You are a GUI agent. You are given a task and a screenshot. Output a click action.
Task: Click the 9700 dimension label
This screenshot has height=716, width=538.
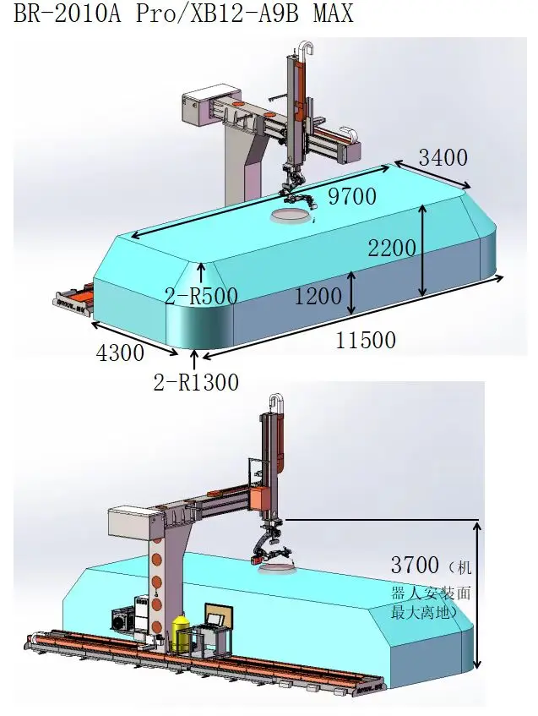(352, 196)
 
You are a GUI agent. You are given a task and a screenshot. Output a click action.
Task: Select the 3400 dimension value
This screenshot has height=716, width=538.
(443, 157)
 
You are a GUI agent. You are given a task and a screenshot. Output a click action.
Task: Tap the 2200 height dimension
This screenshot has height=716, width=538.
(392, 248)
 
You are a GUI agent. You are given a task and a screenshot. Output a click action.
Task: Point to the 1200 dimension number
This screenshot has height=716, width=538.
(318, 296)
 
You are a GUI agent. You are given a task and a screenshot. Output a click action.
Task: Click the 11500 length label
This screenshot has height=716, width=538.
(366, 340)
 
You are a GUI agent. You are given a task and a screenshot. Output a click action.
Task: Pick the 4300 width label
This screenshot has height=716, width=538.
(120, 353)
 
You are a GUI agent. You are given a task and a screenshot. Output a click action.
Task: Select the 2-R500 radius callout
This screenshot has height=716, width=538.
(201, 296)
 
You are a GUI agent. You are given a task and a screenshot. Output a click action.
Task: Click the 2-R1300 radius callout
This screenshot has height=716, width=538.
(196, 382)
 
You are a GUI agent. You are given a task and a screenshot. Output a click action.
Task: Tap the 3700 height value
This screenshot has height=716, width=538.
(415, 565)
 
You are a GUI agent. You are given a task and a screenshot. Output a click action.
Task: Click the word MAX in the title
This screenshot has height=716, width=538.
(333, 14)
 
